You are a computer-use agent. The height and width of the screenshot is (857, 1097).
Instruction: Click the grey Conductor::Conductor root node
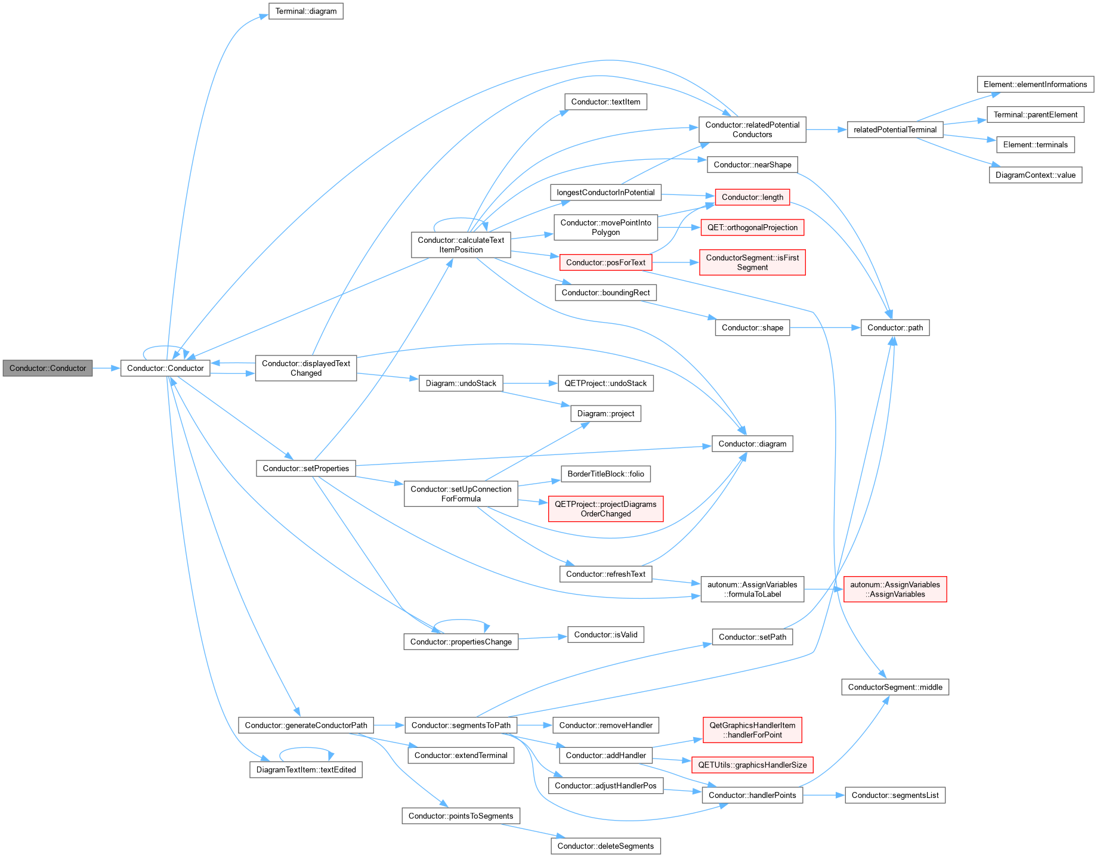coord(48,368)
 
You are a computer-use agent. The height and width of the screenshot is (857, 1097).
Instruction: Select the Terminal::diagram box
coord(306,11)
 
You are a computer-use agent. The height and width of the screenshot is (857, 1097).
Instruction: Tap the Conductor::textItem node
coord(605,102)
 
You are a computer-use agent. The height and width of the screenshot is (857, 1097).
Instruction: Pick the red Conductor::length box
coord(752,197)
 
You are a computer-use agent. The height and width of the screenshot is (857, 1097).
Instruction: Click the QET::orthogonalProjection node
coord(752,227)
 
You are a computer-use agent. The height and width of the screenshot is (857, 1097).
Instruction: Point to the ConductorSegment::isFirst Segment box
coord(752,262)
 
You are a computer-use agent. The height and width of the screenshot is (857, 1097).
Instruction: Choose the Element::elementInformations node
coord(1036,84)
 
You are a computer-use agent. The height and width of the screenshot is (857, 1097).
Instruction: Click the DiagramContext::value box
coord(1036,175)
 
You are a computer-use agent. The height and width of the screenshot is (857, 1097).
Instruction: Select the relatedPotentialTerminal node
coord(895,129)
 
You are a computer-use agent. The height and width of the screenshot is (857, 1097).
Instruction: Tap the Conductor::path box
coord(895,327)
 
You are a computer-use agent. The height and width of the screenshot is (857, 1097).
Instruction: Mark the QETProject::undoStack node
coord(605,383)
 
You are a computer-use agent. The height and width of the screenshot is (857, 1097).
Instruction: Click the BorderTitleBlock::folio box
coord(605,474)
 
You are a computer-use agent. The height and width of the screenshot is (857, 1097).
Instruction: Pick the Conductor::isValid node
coord(605,635)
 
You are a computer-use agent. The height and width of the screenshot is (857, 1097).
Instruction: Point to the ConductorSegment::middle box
coord(895,687)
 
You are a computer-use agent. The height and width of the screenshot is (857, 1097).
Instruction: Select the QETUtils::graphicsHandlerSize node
coord(752,765)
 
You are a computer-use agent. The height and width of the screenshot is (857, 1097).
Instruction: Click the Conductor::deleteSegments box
coord(605,846)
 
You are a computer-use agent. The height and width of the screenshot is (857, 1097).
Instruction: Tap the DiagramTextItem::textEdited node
coord(306,769)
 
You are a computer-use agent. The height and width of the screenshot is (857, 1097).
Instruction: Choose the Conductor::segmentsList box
coord(895,795)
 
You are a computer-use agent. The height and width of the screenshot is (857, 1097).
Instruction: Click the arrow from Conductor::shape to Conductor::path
coord(825,327)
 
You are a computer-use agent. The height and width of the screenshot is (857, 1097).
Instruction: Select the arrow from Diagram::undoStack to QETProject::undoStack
coord(530,383)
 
